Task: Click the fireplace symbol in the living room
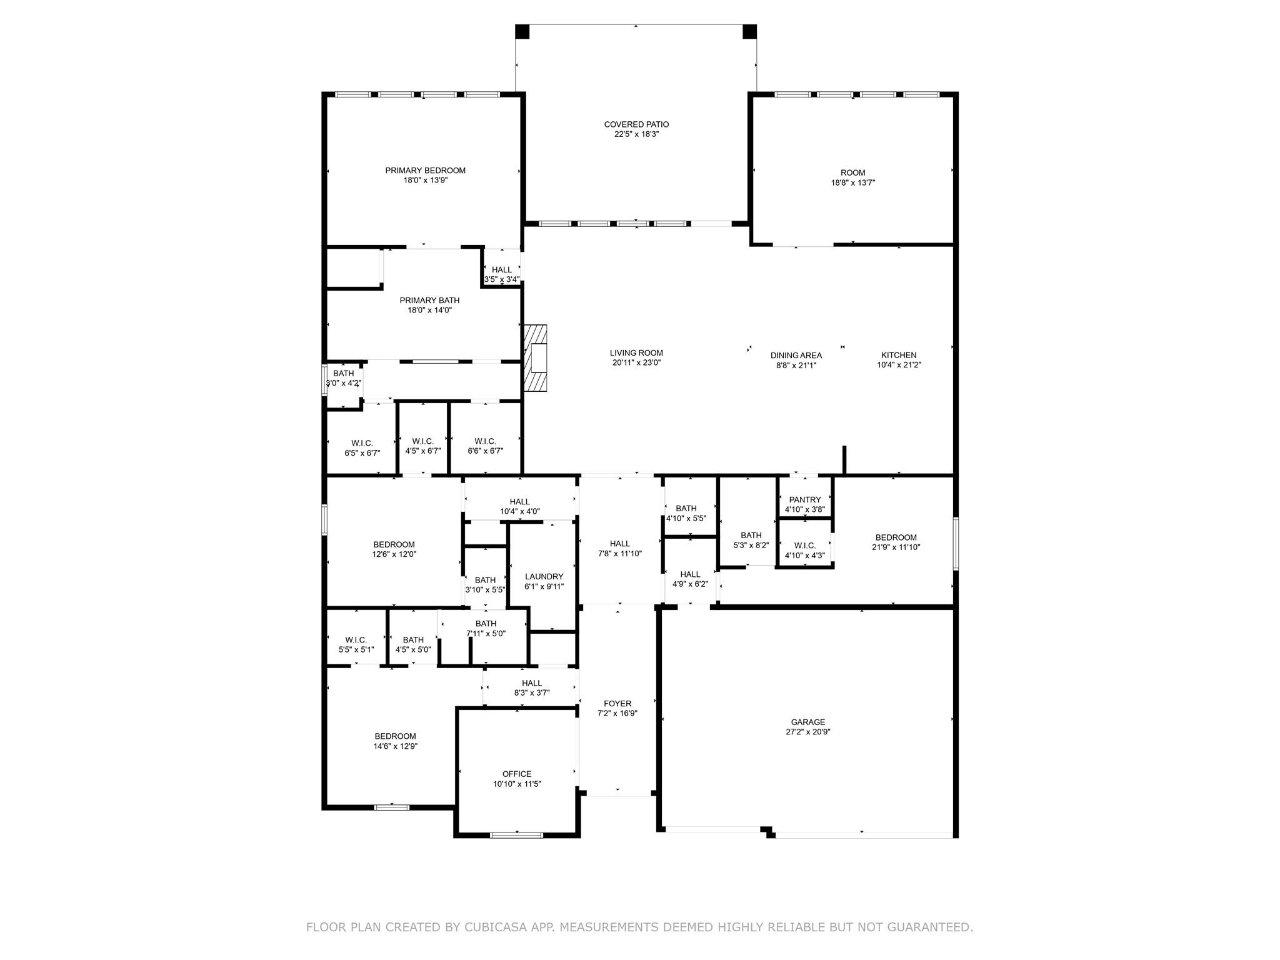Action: pos(536,358)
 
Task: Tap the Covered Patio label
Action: pos(636,124)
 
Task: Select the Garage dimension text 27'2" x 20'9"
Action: pos(808,732)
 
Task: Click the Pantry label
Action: pos(804,499)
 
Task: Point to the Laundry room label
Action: pos(544,576)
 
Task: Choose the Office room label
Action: pos(516,774)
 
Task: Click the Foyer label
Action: pos(617,703)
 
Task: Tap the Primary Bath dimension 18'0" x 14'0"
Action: pos(429,310)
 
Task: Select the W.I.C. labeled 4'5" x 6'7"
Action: pos(423,446)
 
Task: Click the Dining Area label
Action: pos(796,355)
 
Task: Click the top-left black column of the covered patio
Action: pos(522,31)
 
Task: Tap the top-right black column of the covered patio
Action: pos(749,31)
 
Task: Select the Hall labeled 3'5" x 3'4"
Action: pos(501,274)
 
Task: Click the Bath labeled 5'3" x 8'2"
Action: pos(751,540)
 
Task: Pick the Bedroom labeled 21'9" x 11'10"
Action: pos(896,542)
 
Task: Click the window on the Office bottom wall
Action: pos(516,835)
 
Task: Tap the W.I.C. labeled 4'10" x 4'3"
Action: pos(804,550)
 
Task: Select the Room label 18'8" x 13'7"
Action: pos(852,177)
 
